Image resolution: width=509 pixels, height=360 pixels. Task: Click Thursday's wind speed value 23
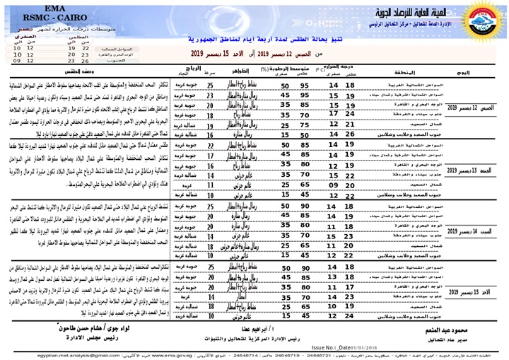coord(210,95)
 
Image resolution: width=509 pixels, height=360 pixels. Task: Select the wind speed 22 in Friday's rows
coord(210,144)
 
